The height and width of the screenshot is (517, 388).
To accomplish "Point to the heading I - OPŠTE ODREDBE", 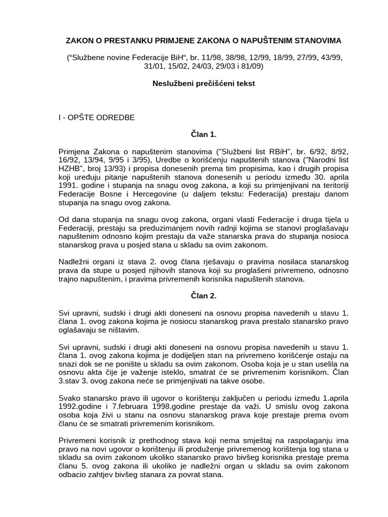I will [x=95, y=118].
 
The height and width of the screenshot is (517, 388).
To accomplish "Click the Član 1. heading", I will [x=193, y=135].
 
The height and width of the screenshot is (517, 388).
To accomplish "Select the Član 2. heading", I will [x=193, y=296].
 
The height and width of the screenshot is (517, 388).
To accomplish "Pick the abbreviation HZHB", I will [x=70, y=169].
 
